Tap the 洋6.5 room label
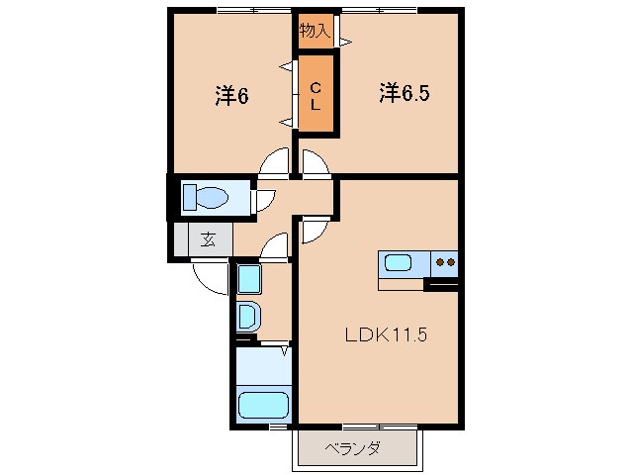point(404,92)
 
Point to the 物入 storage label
point(315,31)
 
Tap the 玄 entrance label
point(210,237)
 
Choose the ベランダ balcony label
point(354,448)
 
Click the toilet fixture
point(206,196)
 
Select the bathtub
point(263,406)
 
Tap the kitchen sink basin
point(400,263)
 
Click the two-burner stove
point(445,263)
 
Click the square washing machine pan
point(248,279)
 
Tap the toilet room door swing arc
point(264,199)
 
